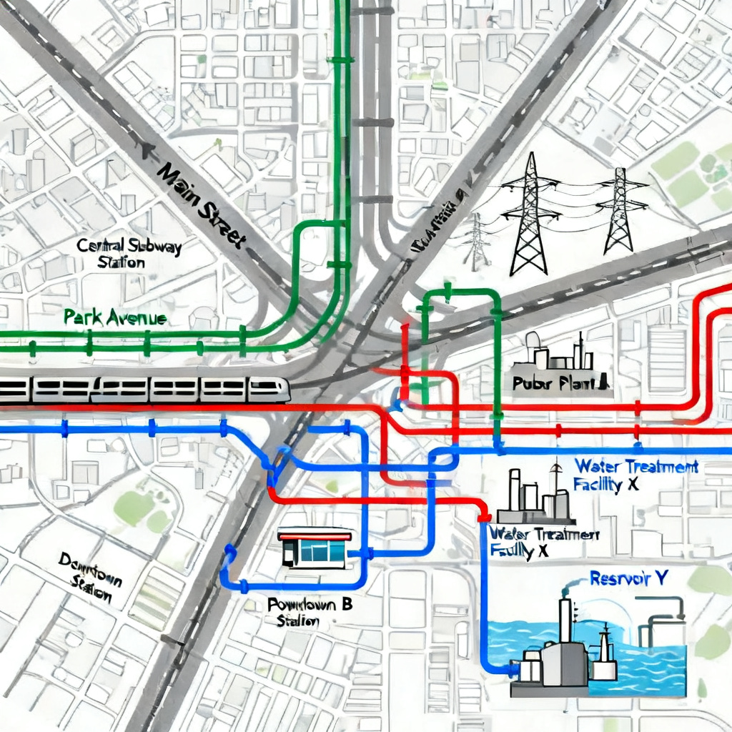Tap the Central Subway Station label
[129, 254]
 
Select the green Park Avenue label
[114, 317]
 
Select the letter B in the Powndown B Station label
[347, 605]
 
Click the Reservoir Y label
[629, 578]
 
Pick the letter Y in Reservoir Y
[663, 578]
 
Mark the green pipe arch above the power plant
[462, 293]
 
